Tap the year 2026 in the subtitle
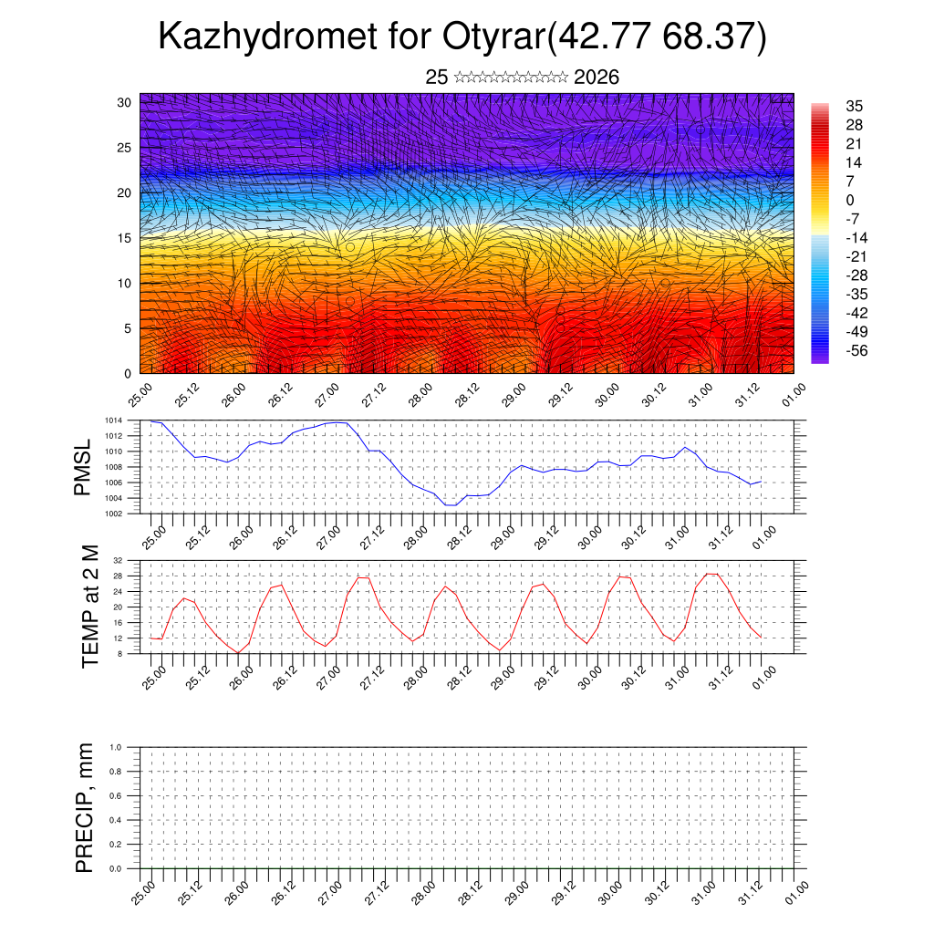pos(597,78)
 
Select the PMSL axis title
pos(83,467)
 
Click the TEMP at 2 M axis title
pos(89,607)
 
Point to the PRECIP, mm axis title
pos(85,808)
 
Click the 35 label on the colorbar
pos(855,107)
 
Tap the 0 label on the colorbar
pos(850,200)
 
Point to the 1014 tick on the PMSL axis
pos(112,420)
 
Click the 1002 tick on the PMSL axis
pos(112,514)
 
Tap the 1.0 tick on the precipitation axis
pos(116,747)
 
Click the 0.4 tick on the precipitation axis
pos(116,820)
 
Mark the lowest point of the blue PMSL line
pos(451,504)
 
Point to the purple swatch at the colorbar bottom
pos(820,358)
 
